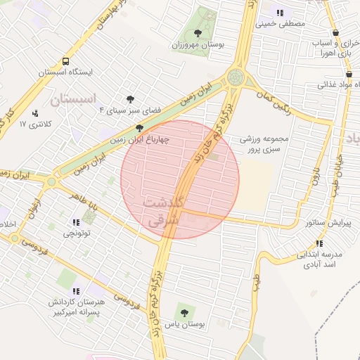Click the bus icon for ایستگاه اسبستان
coord(65,61)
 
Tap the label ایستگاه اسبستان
coord(65,72)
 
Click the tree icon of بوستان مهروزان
coord(198,33)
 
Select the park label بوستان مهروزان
coord(198,45)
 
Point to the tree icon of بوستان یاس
coord(185,312)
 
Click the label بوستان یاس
coord(185,325)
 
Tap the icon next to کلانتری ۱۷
coord(35,112)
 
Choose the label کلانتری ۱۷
coord(32,124)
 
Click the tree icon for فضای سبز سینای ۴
coord(130,99)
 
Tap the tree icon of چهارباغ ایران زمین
coord(139,129)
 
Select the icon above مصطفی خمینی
coord(281,12)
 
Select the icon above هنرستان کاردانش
coord(76,290)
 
